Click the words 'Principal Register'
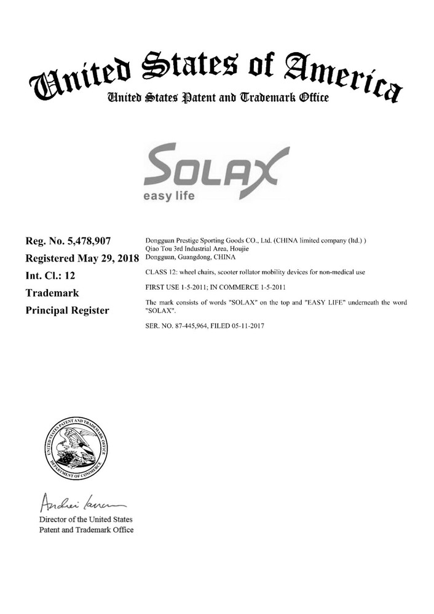pos(68,310)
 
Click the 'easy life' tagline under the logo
pos(168,196)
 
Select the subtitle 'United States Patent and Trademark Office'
pos(218,98)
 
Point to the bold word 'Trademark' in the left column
pos(49,293)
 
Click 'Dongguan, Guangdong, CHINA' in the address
pos(185,257)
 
